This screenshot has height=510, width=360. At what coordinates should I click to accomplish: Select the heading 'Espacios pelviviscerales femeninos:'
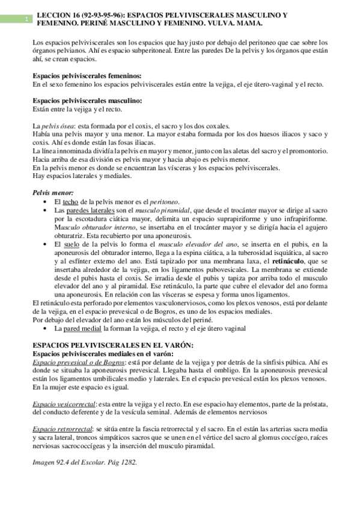pyautogui.click(x=87, y=76)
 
